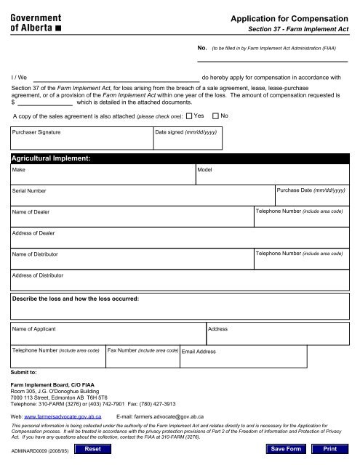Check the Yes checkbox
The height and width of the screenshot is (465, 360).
click(189, 116)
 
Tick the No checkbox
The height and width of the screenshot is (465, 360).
click(215, 116)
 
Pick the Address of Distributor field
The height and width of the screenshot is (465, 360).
click(179, 280)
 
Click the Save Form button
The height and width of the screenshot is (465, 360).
click(286, 450)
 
